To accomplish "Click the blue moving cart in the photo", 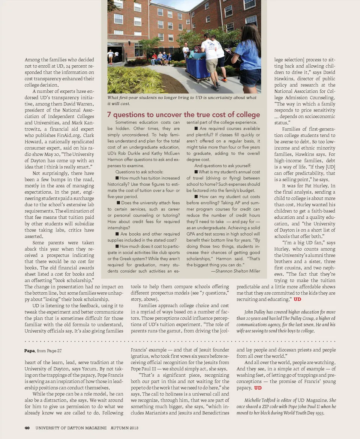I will point(198,67).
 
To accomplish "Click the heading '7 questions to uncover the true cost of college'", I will point(183,114).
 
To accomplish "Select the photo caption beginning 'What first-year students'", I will point(182,100).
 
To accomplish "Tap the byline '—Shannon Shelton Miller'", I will point(235,271).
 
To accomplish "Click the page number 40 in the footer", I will point(27,428).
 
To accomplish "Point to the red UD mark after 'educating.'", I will point(297,299).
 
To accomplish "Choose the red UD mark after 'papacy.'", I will point(258,388).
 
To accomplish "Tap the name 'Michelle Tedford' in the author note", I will point(259,400).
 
